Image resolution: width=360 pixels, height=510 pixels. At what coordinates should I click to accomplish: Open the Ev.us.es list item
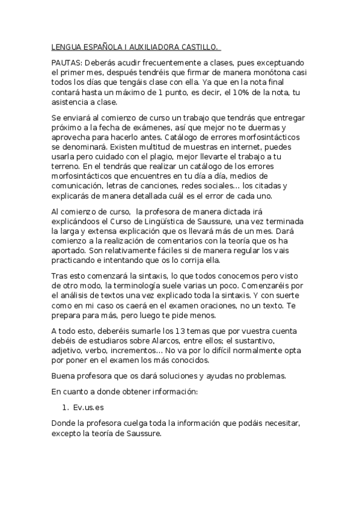(x=88, y=407)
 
